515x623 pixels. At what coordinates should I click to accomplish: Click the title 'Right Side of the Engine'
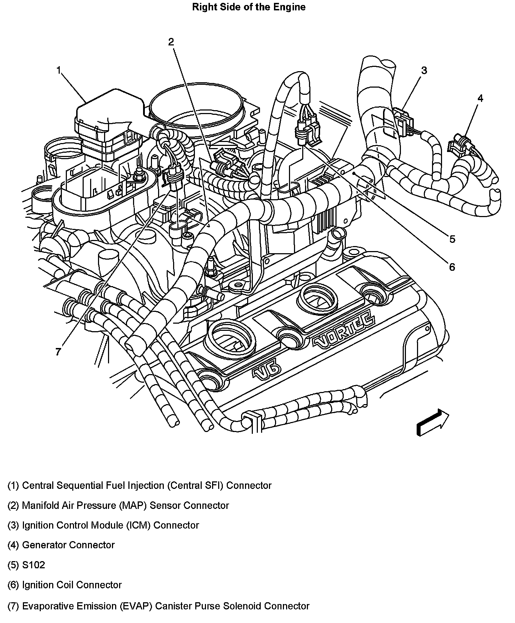click(x=249, y=7)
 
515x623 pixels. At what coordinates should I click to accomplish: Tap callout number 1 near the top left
click(x=59, y=70)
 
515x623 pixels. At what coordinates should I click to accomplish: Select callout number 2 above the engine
click(x=171, y=42)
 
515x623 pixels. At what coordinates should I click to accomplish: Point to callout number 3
click(x=424, y=70)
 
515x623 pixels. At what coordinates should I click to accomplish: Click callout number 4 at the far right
click(x=480, y=98)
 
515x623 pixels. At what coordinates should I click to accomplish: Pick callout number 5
click(x=452, y=239)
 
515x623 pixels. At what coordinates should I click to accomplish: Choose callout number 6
click(x=452, y=267)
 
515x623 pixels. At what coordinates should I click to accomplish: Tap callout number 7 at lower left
click(x=58, y=352)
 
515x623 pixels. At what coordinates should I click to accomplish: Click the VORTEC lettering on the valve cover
click(x=344, y=331)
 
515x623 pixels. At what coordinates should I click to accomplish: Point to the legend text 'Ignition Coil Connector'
click(x=72, y=585)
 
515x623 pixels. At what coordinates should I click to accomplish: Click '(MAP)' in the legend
click(x=134, y=505)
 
